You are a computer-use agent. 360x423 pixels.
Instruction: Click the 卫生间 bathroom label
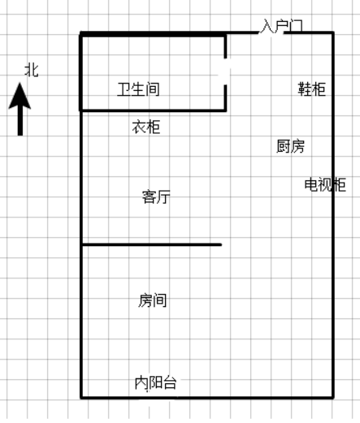(x=138, y=89)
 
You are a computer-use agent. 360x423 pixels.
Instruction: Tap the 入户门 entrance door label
(x=281, y=26)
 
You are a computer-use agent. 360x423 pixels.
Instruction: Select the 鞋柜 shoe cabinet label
(x=311, y=88)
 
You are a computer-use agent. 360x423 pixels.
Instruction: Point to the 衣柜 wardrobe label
(x=146, y=127)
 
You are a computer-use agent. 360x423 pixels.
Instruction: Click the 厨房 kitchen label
(x=290, y=146)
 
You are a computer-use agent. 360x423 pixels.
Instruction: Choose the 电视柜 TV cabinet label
(x=325, y=184)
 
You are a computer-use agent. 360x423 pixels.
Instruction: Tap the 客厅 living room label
(x=156, y=196)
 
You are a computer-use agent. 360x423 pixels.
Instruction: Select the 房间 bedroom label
(x=153, y=300)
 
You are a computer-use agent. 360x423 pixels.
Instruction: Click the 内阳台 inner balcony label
(x=156, y=382)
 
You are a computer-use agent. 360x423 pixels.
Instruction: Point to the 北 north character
(x=32, y=71)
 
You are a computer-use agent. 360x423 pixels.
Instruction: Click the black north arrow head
(x=20, y=96)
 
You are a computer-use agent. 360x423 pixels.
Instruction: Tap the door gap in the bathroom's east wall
(x=225, y=71)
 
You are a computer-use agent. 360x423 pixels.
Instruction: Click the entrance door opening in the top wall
(x=271, y=33)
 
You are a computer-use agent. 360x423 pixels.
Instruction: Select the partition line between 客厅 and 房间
(x=151, y=244)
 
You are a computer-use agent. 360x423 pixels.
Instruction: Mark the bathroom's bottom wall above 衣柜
(x=153, y=110)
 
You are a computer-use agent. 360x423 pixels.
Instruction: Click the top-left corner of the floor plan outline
(x=80, y=33)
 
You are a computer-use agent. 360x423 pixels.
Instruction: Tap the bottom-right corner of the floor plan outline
(x=333, y=398)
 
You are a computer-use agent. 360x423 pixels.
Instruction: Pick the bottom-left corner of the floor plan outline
(x=81, y=398)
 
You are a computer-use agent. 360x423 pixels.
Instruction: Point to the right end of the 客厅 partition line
(x=221, y=244)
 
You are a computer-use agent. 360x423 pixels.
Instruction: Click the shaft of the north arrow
(x=20, y=122)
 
